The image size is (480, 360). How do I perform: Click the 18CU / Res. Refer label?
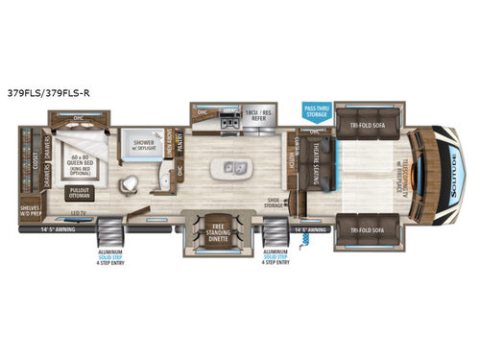pyautogui.click(x=263, y=115)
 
